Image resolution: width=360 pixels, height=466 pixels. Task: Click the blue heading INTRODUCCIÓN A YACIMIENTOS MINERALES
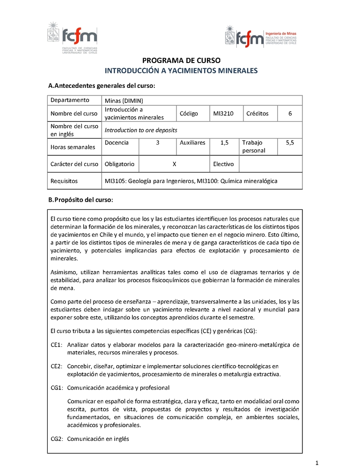(x=181, y=71)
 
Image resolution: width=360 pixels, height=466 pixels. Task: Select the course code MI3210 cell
(x=223, y=113)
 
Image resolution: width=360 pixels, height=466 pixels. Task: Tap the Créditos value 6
(x=290, y=113)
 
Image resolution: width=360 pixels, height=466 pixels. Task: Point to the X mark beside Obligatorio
(x=174, y=164)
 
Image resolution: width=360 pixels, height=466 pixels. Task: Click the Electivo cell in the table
(x=223, y=164)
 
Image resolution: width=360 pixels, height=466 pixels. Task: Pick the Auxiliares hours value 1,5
(x=225, y=143)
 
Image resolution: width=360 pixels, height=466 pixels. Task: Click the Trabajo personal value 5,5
(x=290, y=143)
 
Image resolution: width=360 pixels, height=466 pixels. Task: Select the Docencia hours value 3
(x=157, y=143)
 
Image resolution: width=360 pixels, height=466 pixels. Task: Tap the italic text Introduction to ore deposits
(x=141, y=130)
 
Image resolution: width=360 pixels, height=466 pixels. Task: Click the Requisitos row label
(x=64, y=181)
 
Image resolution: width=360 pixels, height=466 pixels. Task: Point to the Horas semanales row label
(x=73, y=147)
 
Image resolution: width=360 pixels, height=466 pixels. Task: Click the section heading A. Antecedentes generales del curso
(x=102, y=86)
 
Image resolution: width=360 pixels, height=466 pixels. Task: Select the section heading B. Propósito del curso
(x=81, y=199)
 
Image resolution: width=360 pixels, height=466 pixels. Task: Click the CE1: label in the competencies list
(x=56, y=345)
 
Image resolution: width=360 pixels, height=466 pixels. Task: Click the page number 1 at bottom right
(x=317, y=462)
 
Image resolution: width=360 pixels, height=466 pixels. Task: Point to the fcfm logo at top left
(x=72, y=36)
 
